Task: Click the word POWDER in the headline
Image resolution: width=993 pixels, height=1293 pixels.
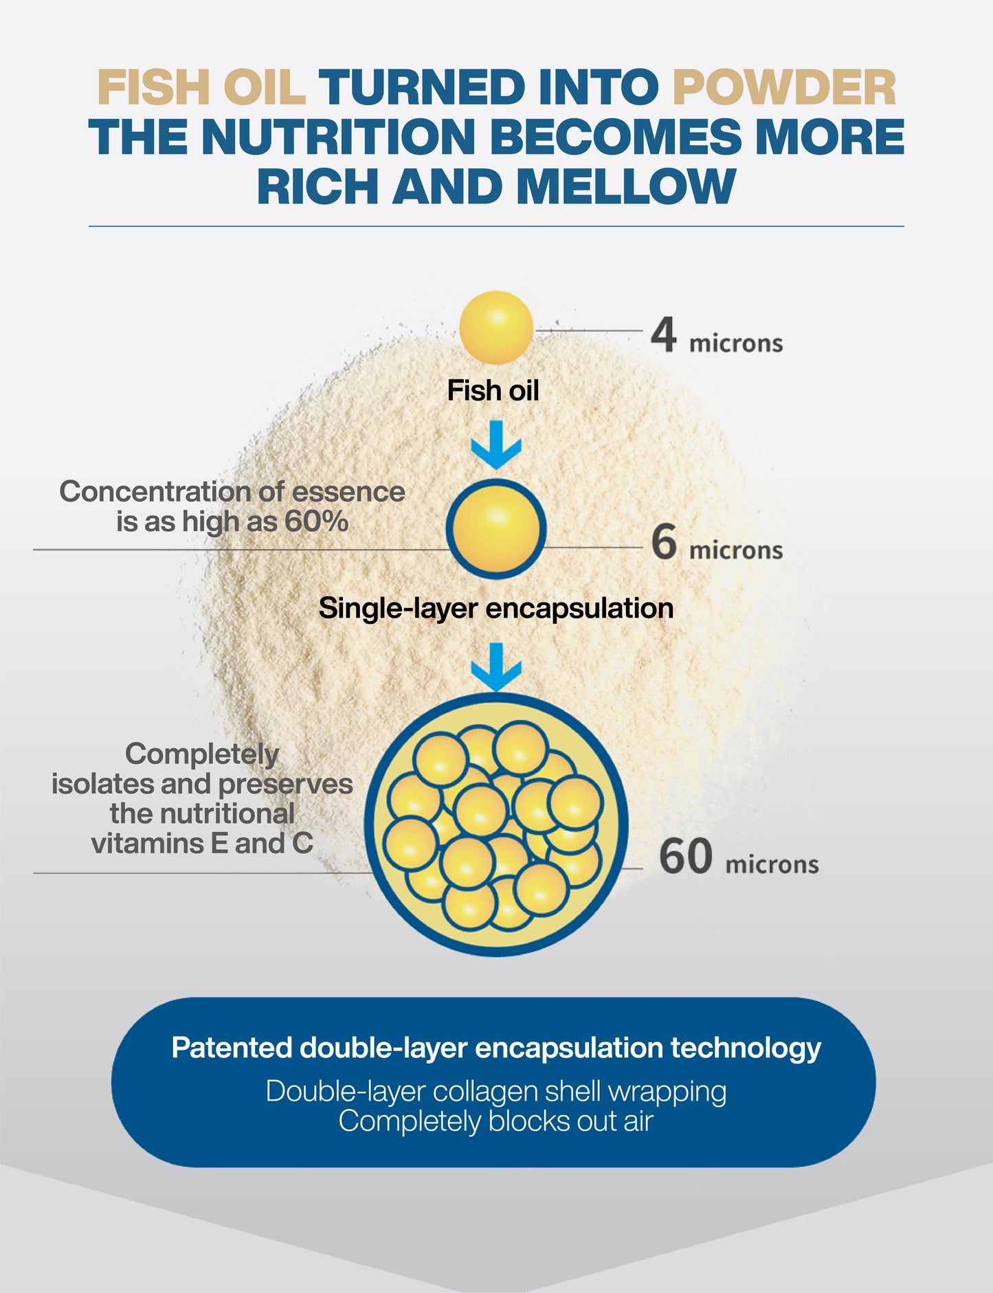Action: (x=784, y=88)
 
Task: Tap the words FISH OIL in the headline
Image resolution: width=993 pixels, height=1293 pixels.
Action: (x=201, y=88)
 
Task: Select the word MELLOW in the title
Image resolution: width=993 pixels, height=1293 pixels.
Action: (x=625, y=186)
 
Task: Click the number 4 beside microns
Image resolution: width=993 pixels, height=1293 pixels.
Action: (x=664, y=335)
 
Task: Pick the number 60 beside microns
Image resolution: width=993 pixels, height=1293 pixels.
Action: (x=685, y=857)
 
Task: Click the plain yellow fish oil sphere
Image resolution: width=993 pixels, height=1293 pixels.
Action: (x=495, y=327)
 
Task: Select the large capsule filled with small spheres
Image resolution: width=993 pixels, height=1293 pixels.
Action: (x=495, y=824)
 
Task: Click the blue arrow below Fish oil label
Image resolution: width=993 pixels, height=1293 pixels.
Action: (x=495, y=445)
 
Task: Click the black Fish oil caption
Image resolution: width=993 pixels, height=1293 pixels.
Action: (x=493, y=391)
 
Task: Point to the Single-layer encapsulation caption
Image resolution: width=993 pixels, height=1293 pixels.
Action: (x=495, y=609)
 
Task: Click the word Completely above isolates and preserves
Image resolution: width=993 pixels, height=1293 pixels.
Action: (x=201, y=754)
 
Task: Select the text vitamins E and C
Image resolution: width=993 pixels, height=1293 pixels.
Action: (x=201, y=843)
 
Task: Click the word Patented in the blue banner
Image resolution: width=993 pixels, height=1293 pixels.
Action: (x=232, y=1048)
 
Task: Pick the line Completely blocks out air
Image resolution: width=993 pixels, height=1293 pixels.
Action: (x=495, y=1121)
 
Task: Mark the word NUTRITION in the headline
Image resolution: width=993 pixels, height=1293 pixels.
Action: (x=338, y=137)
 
